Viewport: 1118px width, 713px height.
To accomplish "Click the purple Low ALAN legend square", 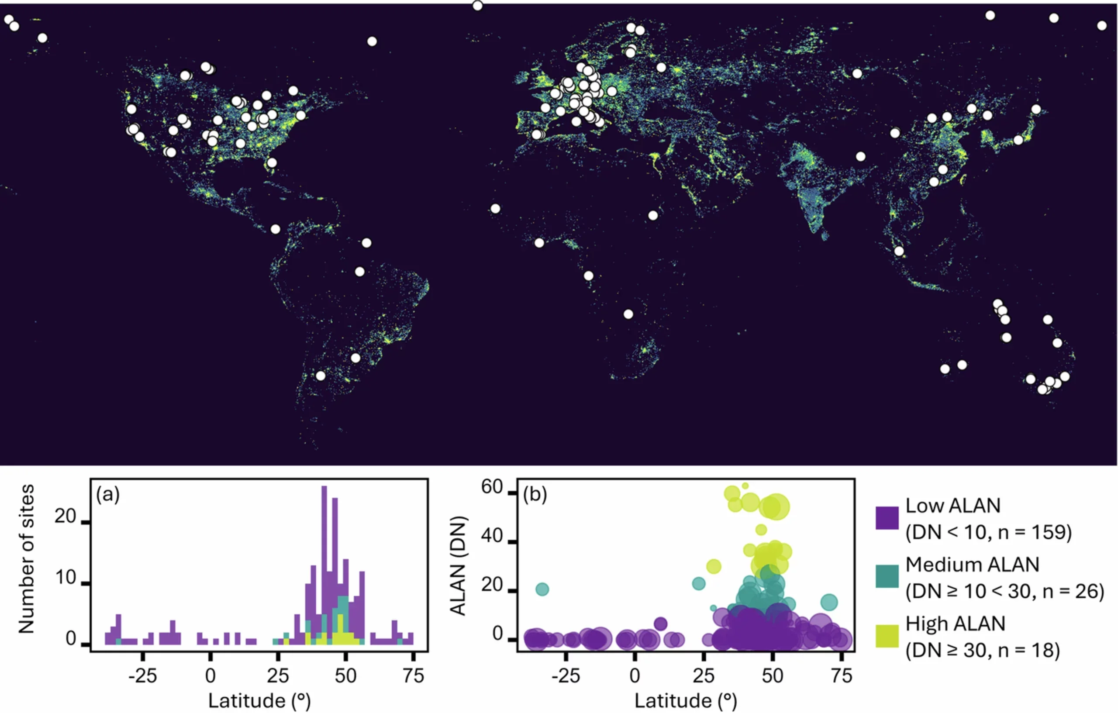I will (x=887, y=517).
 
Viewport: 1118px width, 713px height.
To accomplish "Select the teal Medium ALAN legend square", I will (x=887, y=576).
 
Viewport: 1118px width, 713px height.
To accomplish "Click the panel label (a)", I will (x=108, y=495).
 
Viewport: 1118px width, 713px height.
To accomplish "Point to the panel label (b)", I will (x=535, y=495).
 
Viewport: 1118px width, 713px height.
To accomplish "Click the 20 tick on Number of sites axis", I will (x=65, y=516).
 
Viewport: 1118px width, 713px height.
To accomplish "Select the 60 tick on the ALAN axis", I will (x=492, y=487).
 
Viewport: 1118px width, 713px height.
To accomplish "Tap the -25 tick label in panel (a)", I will (x=142, y=675).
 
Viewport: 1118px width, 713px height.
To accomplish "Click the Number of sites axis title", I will (x=27, y=559).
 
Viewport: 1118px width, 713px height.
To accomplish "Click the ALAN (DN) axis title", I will (x=458, y=565).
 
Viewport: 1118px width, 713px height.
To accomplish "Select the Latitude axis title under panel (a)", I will (x=259, y=701).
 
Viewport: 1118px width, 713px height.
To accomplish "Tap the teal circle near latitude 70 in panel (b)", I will (x=829, y=603).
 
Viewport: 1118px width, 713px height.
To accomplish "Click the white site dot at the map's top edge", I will (x=477, y=6).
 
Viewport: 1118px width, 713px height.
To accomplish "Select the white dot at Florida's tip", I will (x=272, y=163).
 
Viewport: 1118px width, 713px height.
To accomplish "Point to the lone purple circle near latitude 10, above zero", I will (x=661, y=624).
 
